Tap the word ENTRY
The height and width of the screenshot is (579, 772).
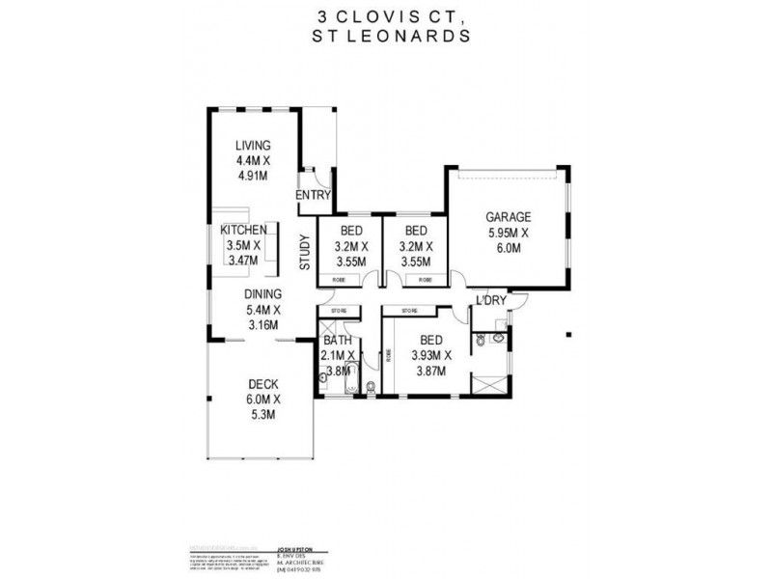(x=315, y=195)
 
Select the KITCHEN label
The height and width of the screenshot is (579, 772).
(x=243, y=232)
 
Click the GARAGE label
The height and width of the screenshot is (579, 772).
(x=508, y=217)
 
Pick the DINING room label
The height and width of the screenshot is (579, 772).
(x=262, y=294)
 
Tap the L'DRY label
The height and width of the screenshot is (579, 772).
(x=491, y=301)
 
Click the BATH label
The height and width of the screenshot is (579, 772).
(x=337, y=341)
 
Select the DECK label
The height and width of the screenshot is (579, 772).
(x=262, y=384)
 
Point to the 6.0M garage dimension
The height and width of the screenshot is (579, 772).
(x=508, y=248)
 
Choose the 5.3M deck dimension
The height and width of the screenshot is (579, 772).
(x=262, y=415)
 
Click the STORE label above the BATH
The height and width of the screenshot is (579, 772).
(x=339, y=311)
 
